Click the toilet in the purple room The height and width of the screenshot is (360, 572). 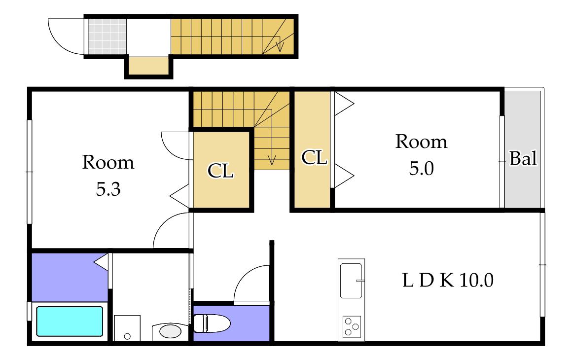212,323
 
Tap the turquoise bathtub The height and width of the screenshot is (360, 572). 70,321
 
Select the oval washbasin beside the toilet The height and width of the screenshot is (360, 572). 170,331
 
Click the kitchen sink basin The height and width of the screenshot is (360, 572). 351,280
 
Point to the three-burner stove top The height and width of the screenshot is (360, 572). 352,326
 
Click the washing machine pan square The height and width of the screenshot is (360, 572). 127,328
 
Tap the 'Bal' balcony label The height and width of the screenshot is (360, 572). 523,159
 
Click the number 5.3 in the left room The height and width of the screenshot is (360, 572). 108,189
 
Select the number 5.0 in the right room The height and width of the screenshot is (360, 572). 421,169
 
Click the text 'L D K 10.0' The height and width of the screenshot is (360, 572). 448,280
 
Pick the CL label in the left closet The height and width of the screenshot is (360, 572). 220,171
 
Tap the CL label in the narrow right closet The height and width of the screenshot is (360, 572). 314,158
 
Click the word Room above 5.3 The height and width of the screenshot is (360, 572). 108,162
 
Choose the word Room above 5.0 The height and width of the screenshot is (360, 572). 421,142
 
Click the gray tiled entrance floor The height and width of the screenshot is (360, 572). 107,36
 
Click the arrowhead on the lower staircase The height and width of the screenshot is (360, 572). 271,160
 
